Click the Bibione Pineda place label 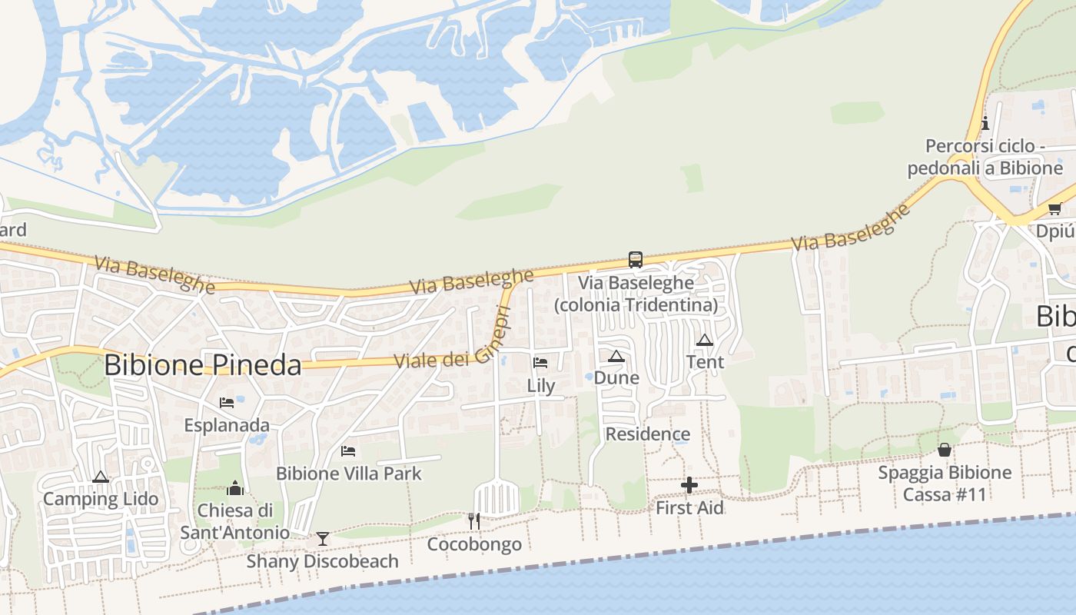pyautogui.click(x=202, y=365)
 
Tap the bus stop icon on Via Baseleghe pyautogui.click(x=635, y=260)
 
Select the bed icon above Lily pyautogui.click(x=540, y=363)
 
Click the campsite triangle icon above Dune pyautogui.click(x=616, y=356)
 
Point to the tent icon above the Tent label pyautogui.click(x=704, y=340)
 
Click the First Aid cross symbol pyautogui.click(x=689, y=485)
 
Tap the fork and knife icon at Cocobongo pyautogui.click(x=473, y=521)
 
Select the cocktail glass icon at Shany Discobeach pyautogui.click(x=323, y=538)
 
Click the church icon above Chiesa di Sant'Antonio pyautogui.click(x=235, y=488)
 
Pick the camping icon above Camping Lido pyautogui.click(x=100, y=477)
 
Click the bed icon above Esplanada pyautogui.click(x=226, y=402)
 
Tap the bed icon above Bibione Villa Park pyautogui.click(x=348, y=450)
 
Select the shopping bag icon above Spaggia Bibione pyautogui.click(x=944, y=450)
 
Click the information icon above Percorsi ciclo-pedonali pyautogui.click(x=985, y=123)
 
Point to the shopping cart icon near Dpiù pyautogui.click(x=1054, y=208)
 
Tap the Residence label pyautogui.click(x=648, y=434)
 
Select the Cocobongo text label pyautogui.click(x=474, y=544)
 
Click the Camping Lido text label pyautogui.click(x=101, y=499)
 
